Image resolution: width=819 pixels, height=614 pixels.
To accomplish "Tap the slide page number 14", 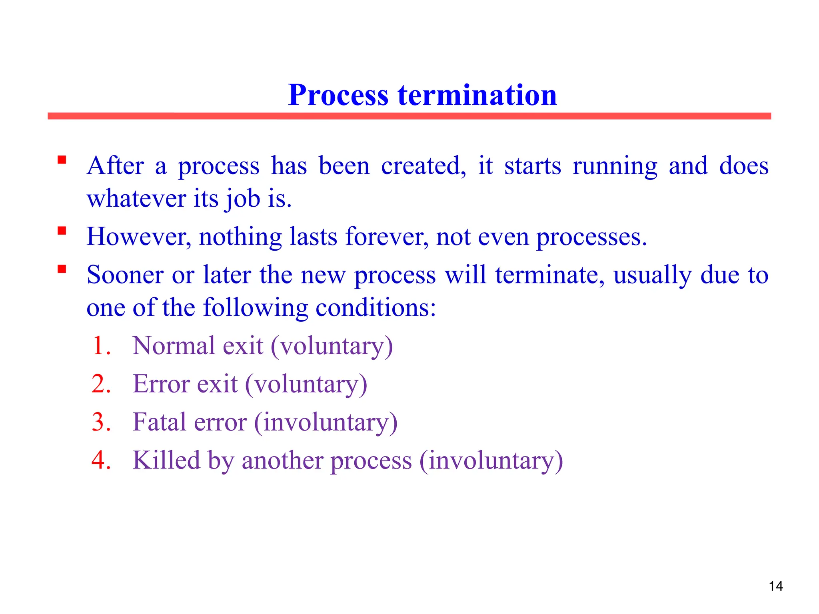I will click(x=775, y=586).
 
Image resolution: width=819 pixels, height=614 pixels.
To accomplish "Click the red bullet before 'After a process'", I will click(x=62, y=160).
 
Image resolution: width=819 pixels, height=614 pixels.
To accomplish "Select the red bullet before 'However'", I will click(x=62, y=231).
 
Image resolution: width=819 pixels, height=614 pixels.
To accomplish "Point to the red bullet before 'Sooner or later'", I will click(x=62, y=269).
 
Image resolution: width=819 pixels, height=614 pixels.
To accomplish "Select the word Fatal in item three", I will click(x=159, y=422).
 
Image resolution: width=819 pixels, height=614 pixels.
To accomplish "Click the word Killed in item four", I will click(x=166, y=460).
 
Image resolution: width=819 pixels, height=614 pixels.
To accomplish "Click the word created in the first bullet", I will click(x=423, y=166).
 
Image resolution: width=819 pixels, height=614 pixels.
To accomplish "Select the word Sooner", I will click(x=125, y=275).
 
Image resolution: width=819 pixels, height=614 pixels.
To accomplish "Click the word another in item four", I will click(x=282, y=460).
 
